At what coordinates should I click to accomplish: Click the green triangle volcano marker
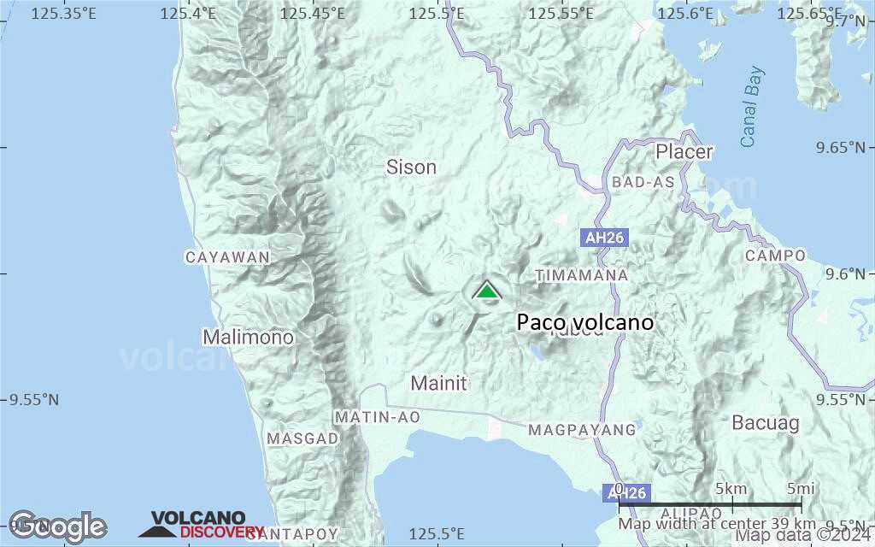487,291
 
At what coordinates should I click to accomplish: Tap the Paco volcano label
585,322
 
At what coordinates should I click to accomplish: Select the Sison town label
411,167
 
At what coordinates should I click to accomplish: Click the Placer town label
684,151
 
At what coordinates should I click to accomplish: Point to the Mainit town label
438,383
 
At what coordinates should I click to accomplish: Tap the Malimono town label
248,337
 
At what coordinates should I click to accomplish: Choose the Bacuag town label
766,422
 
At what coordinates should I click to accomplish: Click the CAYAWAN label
227,256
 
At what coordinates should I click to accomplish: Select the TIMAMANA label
581,275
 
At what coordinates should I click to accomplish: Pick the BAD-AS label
643,182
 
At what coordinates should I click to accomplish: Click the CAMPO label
775,256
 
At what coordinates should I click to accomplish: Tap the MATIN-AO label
377,417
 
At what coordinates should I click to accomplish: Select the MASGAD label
302,438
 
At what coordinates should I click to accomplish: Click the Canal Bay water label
752,107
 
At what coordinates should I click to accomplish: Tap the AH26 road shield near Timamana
604,238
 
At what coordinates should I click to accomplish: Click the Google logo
57,526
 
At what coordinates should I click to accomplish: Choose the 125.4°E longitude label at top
187,13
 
